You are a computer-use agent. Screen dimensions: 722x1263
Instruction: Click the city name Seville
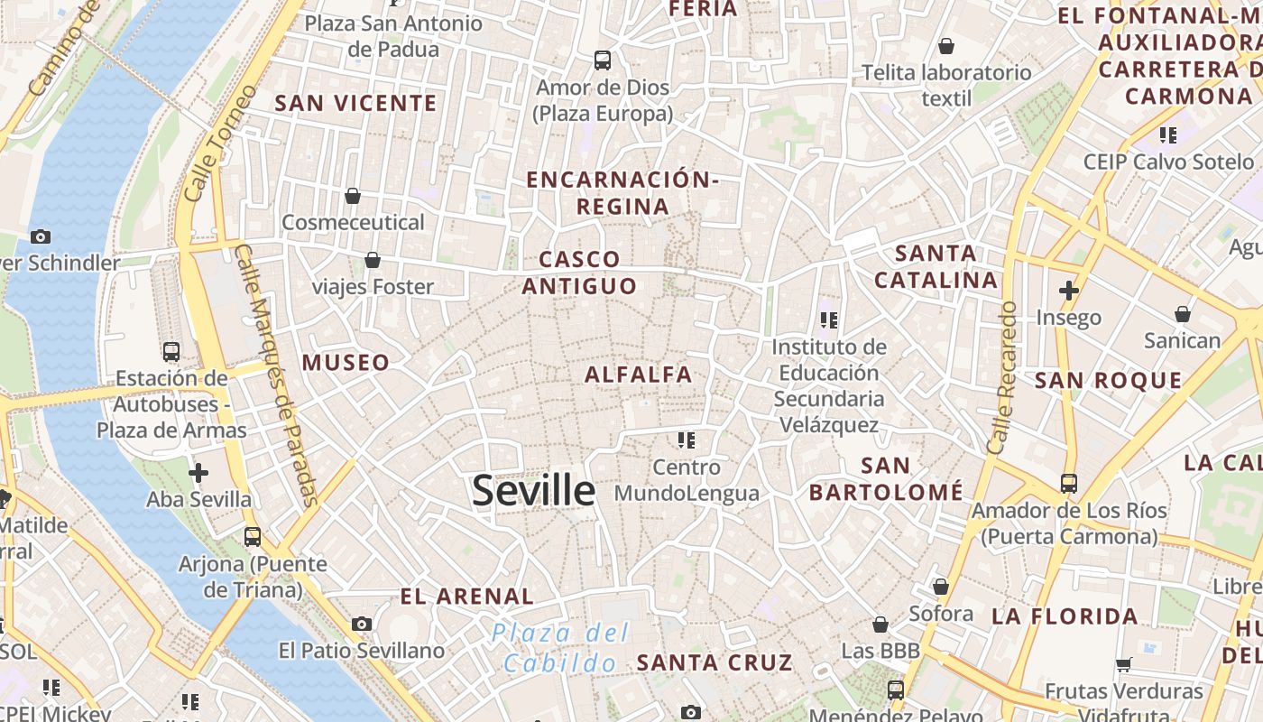[533, 491]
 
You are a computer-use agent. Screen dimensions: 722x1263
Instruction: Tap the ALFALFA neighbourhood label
[638, 375]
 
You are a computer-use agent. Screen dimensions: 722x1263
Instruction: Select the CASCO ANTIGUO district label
[579, 273]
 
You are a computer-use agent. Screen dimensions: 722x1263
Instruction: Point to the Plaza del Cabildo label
[560, 648]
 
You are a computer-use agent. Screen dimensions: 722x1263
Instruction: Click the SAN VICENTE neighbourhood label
[355, 104]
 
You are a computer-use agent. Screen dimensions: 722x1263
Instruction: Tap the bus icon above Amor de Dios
[602, 60]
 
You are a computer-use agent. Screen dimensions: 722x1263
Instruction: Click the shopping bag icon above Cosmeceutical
[353, 196]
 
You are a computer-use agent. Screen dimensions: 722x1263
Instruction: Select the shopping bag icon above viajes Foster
[372, 261]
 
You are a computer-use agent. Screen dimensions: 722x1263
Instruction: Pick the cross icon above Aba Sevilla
[198, 472]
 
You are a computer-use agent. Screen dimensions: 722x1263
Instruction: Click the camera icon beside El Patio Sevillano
[362, 624]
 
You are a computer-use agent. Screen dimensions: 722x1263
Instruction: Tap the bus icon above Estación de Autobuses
[171, 352]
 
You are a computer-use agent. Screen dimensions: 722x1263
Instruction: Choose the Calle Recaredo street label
[1001, 377]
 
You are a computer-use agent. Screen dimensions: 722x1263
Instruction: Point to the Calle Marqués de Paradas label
[276, 374]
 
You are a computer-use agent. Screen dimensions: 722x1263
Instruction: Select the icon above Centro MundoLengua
[687, 440]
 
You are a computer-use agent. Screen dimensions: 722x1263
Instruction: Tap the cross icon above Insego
[1069, 291]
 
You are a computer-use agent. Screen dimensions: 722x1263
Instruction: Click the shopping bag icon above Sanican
[1182, 314]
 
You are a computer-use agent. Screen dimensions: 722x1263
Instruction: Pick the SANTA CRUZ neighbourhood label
[714, 662]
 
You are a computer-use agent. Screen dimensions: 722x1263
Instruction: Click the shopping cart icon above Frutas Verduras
[1123, 665]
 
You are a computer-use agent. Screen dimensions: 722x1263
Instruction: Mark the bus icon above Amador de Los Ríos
[1069, 484]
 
